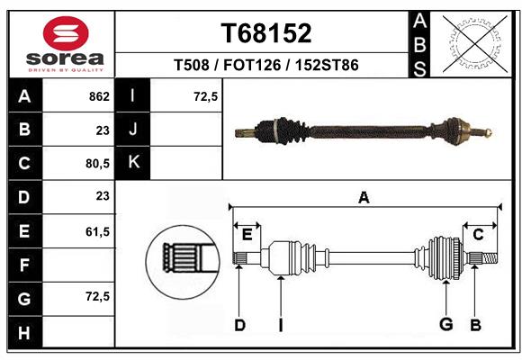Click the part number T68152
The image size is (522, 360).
click(x=266, y=33)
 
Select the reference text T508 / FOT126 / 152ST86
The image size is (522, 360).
click(x=266, y=66)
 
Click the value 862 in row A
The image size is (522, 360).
click(x=99, y=96)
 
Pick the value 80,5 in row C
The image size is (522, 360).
click(x=96, y=165)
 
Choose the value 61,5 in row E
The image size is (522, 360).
click(x=96, y=232)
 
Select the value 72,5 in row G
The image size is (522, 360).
click(x=96, y=297)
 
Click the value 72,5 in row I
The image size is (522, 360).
click(x=206, y=96)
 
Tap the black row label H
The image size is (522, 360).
click(x=24, y=333)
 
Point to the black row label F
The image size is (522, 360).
click(x=24, y=265)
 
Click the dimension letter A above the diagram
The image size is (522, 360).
click(x=364, y=197)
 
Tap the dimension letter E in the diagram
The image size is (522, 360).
click(x=247, y=235)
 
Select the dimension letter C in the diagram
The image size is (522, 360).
click(x=479, y=235)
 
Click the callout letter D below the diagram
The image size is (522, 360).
click(x=239, y=325)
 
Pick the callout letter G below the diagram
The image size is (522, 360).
click(x=445, y=325)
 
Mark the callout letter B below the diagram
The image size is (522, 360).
click(x=476, y=325)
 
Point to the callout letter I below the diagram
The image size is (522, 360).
click(x=281, y=325)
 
